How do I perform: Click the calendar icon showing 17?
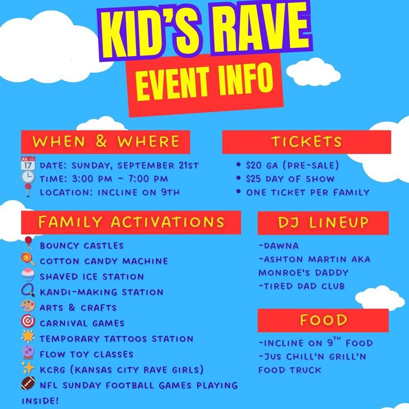28,164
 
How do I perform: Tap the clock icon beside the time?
28,177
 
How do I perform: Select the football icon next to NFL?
28,383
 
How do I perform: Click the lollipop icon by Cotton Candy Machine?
28,259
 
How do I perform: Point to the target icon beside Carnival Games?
28,321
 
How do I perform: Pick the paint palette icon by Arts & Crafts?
28,306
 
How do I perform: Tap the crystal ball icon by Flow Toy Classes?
28,352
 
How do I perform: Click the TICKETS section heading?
306,142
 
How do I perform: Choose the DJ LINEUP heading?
323,222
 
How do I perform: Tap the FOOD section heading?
324,320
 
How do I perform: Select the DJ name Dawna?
281,246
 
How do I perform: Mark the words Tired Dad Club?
304,286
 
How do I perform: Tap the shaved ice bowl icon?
28,275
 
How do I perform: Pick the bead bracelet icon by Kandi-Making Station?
28,290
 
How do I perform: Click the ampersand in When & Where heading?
101,141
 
